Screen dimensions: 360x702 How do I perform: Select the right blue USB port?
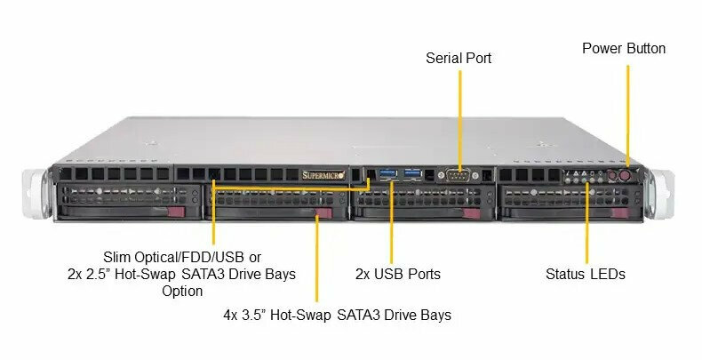(413, 172)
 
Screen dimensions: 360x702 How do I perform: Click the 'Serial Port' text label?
(459, 58)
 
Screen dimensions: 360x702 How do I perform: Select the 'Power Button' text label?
(624, 48)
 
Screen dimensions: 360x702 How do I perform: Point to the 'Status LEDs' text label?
(586, 274)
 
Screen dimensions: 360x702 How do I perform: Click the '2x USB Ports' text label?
(398, 274)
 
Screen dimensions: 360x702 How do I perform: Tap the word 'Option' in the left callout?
(182, 291)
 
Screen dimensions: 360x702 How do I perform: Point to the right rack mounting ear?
(655, 191)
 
